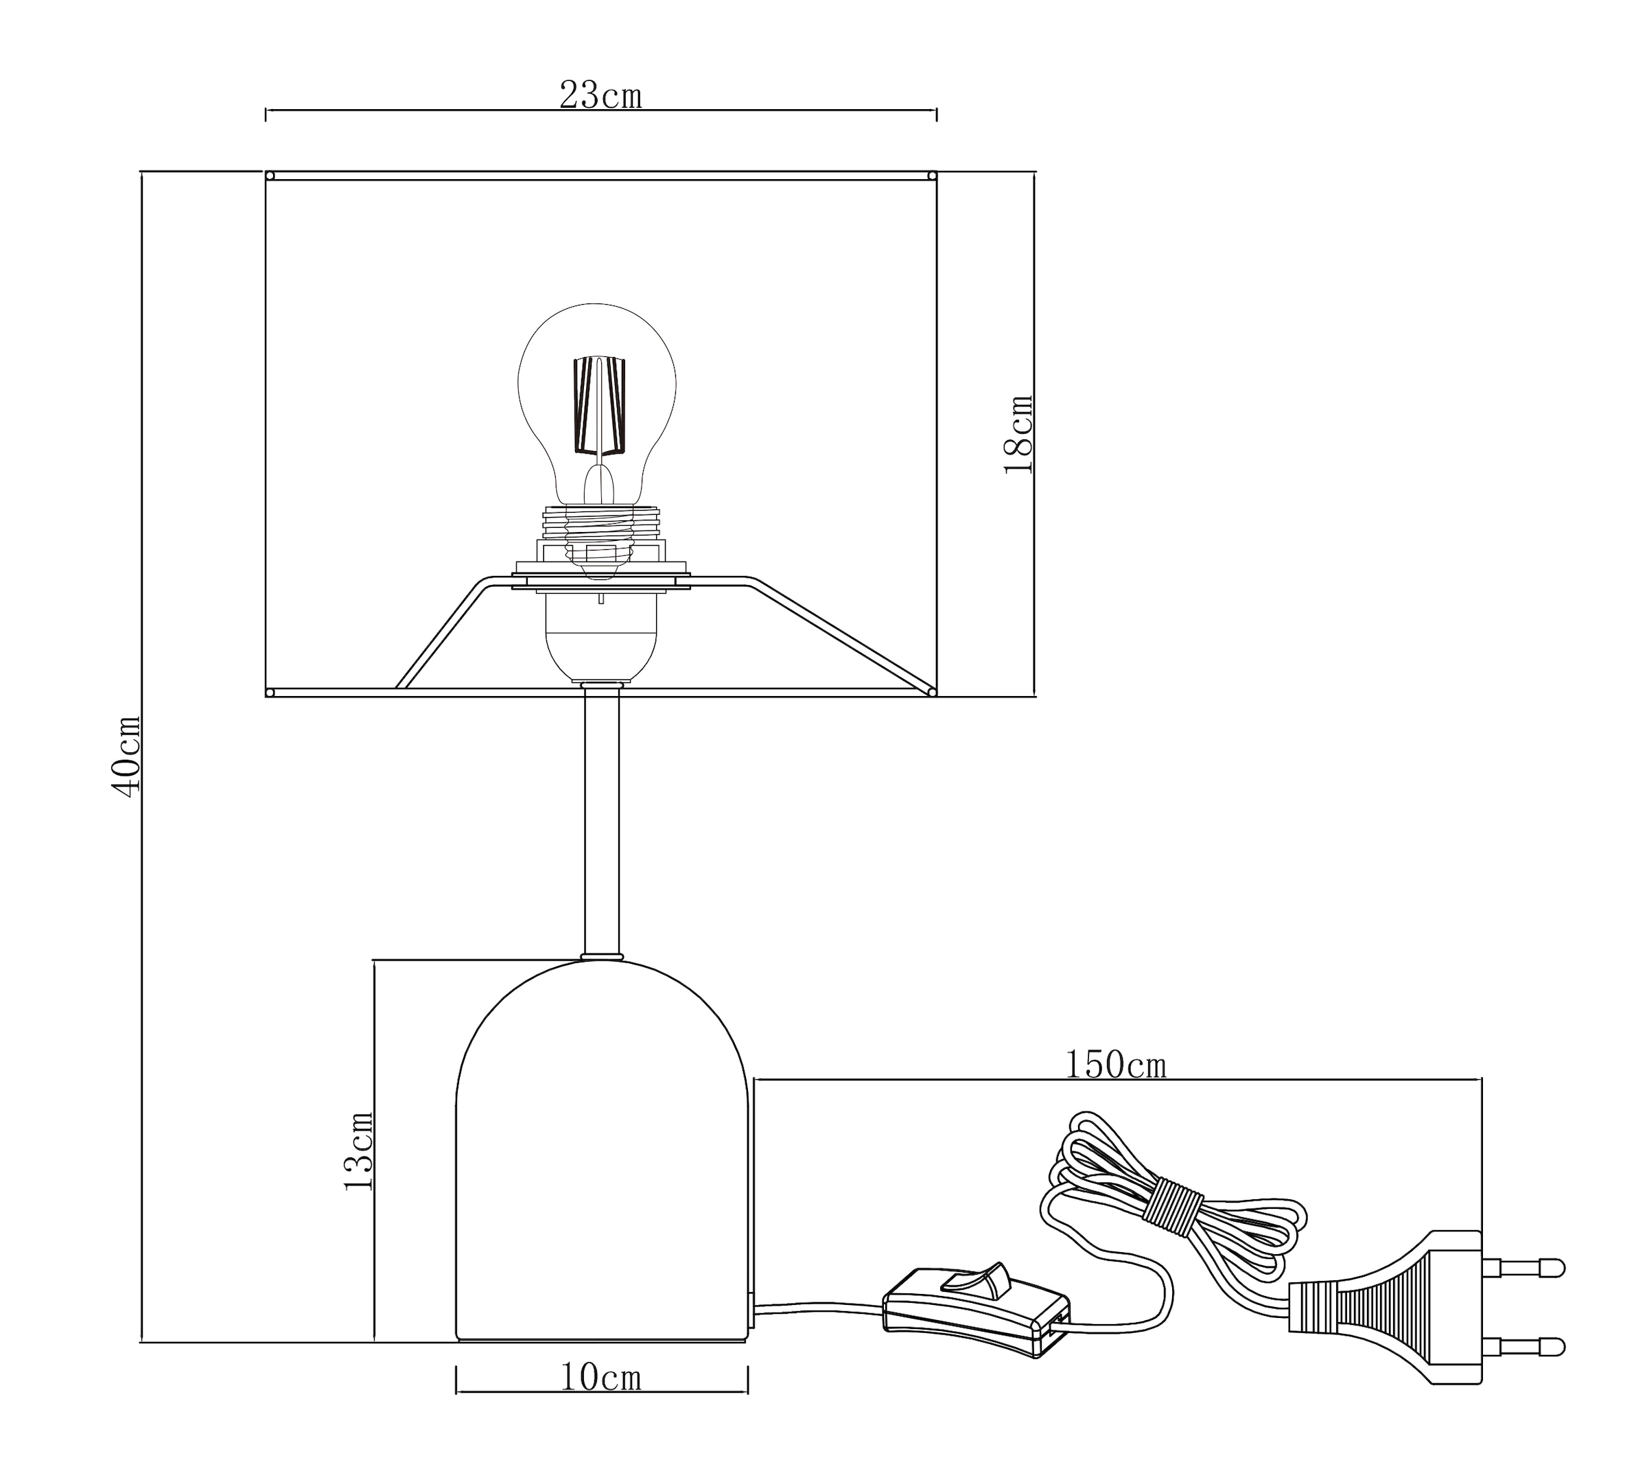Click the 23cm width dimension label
(600, 96)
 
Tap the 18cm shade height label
(1018, 435)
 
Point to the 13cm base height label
(358, 1151)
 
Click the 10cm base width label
(600, 1377)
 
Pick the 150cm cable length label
(1115, 1065)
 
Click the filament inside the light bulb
(599, 405)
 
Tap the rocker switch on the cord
(981, 1280)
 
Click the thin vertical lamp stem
(601, 823)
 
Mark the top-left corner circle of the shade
(270, 175)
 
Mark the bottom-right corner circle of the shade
(932, 692)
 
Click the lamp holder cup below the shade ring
(601, 638)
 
